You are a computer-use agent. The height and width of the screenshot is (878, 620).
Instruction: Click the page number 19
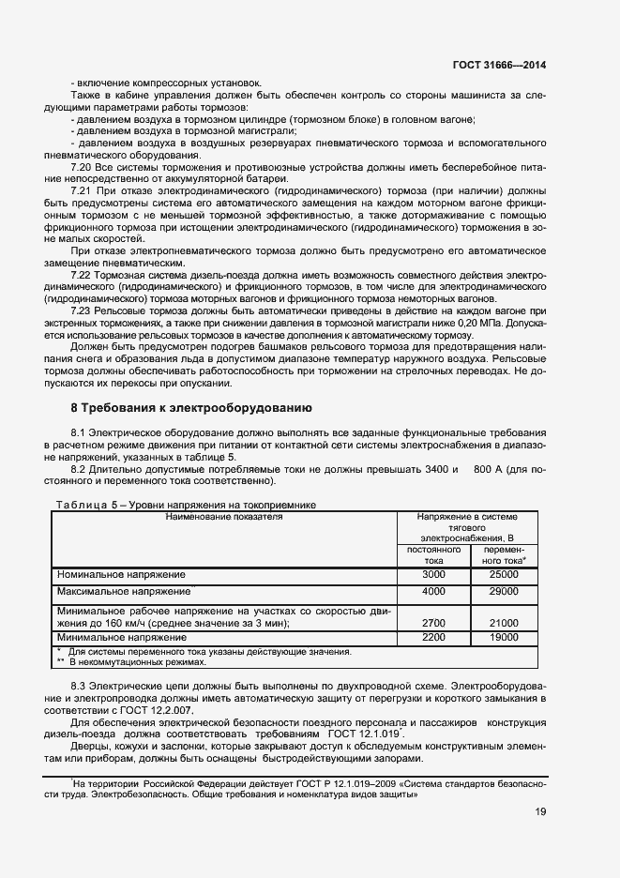(x=540, y=812)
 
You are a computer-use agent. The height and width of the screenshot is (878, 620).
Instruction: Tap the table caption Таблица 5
(x=82, y=504)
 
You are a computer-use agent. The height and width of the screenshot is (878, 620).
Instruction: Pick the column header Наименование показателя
(x=224, y=516)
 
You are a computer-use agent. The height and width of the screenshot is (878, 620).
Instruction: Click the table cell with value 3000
(x=433, y=573)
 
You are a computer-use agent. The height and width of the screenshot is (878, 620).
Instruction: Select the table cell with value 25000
(x=504, y=573)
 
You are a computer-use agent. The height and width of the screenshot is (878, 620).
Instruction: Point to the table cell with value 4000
(x=433, y=592)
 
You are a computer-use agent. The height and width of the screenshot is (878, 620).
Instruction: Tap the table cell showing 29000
(x=504, y=592)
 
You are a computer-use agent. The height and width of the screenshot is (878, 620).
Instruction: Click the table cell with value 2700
(x=433, y=622)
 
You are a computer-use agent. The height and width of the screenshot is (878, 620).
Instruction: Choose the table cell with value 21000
(x=504, y=622)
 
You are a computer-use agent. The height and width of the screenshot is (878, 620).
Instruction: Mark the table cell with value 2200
(x=433, y=637)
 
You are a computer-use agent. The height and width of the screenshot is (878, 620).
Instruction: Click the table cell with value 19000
(x=504, y=637)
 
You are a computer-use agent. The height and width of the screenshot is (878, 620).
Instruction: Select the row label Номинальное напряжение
(x=121, y=574)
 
